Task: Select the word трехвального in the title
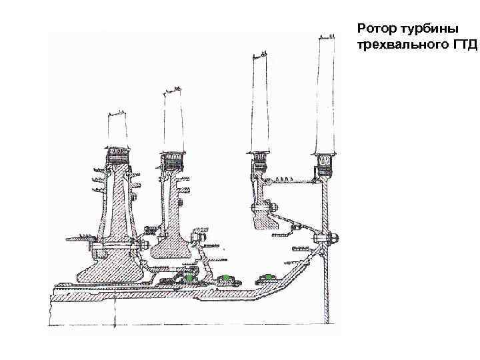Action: [401, 45]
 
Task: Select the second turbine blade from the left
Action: [173, 120]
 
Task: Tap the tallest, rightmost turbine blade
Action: [327, 93]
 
